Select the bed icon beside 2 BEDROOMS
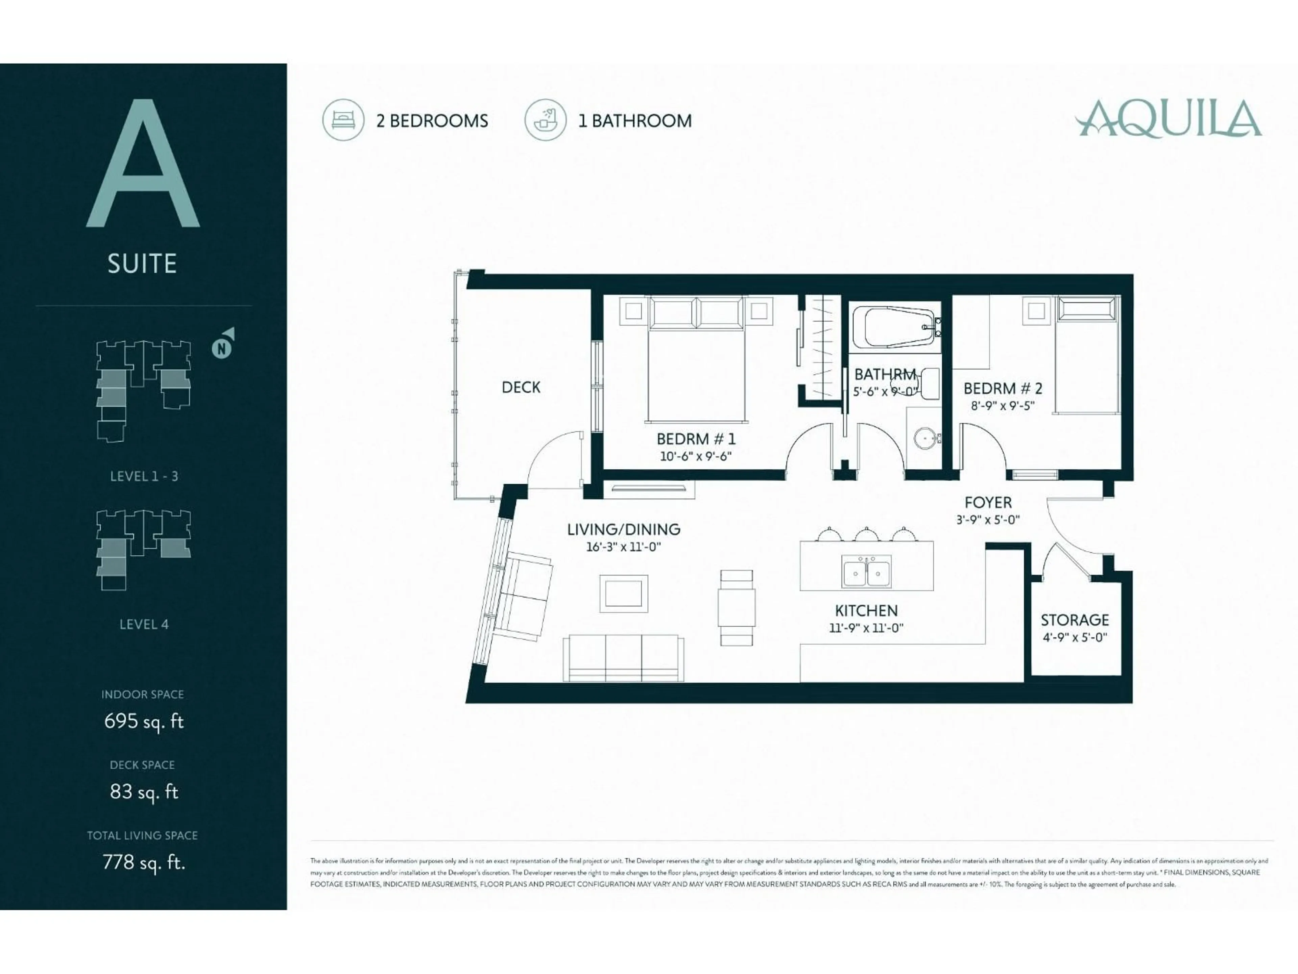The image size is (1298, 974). click(343, 120)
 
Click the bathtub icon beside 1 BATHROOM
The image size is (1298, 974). click(545, 120)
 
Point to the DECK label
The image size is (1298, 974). click(521, 388)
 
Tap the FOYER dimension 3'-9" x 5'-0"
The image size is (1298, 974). click(988, 519)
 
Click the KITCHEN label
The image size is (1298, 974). click(866, 610)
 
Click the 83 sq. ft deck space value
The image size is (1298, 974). click(144, 792)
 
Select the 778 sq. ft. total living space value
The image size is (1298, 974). click(144, 862)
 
